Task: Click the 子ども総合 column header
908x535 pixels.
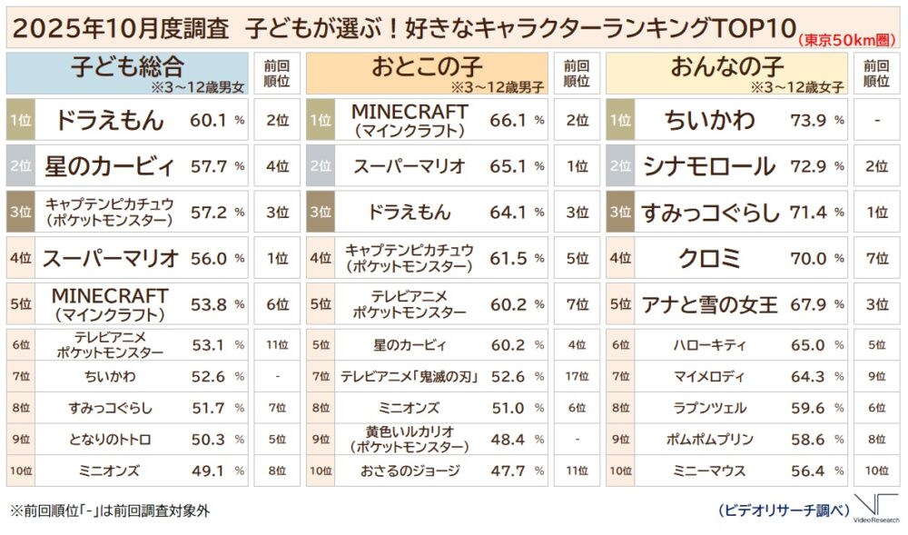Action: pos(127,67)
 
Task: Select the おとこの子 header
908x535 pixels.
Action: pos(427,67)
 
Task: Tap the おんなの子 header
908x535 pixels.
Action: pos(726,67)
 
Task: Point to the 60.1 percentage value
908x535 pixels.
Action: pos(208,121)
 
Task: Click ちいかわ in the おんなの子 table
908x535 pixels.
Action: pos(709,120)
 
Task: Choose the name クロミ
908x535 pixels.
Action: pos(709,258)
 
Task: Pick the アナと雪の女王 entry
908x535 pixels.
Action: pos(709,304)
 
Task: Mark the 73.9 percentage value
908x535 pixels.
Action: pos(808,121)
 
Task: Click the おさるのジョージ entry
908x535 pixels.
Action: pos(410,471)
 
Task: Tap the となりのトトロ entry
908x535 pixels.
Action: pos(110,440)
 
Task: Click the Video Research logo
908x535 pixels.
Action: pos(877,509)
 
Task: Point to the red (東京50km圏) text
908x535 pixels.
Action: pos(846,40)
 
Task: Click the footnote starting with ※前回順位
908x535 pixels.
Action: pos(110,510)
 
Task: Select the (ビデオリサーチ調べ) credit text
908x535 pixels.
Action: pos(784,510)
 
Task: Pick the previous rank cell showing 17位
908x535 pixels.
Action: pos(577,377)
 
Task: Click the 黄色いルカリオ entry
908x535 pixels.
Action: pos(410,439)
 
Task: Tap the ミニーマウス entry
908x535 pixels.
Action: pos(709,471)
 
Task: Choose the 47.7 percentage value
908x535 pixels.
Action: pos(508,471)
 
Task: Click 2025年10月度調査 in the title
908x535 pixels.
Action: pos(121,28)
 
